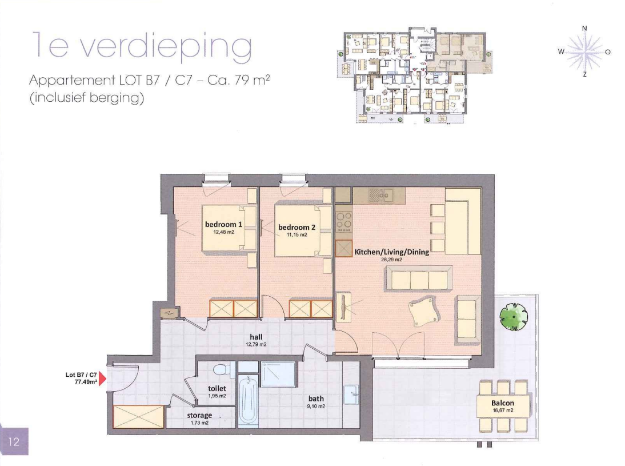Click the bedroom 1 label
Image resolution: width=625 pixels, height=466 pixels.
point(223,225)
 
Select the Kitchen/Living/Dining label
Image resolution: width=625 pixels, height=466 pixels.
point(391,252)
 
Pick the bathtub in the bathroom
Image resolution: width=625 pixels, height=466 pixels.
point(248,400)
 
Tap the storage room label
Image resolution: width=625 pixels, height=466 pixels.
point(200,415)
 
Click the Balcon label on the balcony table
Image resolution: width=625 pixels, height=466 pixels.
point(503,403)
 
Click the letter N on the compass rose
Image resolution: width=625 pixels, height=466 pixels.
point(584,28)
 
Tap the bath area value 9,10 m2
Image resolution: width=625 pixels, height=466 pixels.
point(316,407)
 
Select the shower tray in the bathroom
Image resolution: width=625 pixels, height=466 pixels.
point(278,375)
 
